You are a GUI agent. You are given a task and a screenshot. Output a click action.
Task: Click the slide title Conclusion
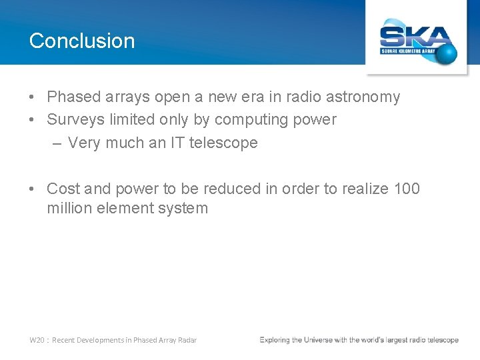pyautogui.click(x=82, y=41)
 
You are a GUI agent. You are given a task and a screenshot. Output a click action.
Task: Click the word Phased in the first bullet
pyautogui.click(x=73, y=97)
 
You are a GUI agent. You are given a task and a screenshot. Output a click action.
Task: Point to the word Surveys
pyautogui.click(x=75, y=120)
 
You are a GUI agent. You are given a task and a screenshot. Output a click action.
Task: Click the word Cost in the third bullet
pyautogui.click(x=63, y=189)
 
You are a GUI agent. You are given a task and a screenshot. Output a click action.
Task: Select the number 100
pyautogui.click(x=407, y=189)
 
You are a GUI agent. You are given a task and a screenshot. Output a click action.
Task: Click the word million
pyautogui.click(x=69, y=209)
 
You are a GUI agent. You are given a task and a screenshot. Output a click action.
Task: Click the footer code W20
pyautogui.click(x=37, y=340)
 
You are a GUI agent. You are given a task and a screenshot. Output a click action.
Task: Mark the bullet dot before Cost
pyautogui.click(x=33, y=189)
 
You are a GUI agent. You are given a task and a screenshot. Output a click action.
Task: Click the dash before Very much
pyautogui.click(x=57, y=143)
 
